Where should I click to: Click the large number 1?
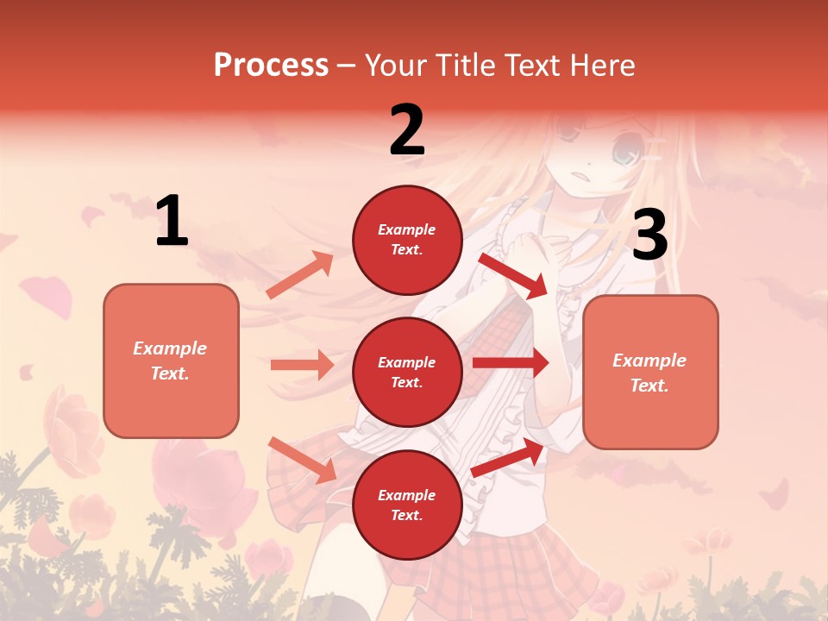click(x=172, y=222)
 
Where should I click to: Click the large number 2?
click(x=407, y=130)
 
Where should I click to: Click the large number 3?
click(x=649, y=235)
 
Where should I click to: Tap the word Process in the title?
click(x=271, y=65)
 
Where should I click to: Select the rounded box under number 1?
click(x=171, y=361)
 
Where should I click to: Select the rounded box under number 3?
click(x=650, y=373)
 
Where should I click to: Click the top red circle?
click(x=407, y=240)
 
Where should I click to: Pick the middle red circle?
click(x=407, y=372)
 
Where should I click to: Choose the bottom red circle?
click(x=407, y=505)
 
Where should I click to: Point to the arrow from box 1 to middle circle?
click(x=302, y=365)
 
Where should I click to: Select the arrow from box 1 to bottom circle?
click(x=302, y=459)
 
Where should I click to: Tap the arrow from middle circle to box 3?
click(x=511, y=363)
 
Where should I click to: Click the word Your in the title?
click(x=395, y=65)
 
